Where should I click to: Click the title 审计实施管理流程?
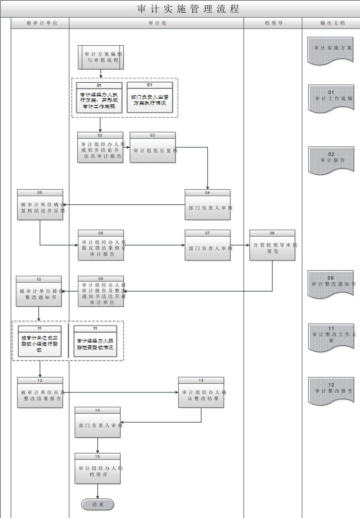188,9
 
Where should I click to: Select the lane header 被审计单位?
42,23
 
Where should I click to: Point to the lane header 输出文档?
332,23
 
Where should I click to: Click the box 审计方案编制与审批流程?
101,57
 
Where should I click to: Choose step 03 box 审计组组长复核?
153,151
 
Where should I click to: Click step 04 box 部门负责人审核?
207,208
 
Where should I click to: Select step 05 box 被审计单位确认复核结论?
40,208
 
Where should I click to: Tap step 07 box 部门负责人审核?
207,248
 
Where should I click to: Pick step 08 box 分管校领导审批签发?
272,248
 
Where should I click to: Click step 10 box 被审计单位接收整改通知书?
39,294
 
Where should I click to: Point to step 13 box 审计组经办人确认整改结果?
201,395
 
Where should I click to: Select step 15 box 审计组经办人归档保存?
97,471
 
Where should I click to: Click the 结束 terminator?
98,505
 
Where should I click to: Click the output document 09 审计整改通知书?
330,283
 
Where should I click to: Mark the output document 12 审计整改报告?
331,390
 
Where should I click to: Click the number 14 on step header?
97,410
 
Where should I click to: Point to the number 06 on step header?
101,233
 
